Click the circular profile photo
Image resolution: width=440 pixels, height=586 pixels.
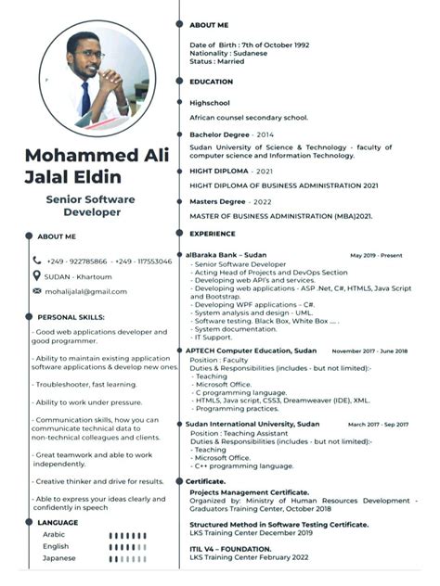pyautogui.click(x=97, y=80)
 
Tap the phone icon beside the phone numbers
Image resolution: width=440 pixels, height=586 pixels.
pyautogui.click(x=37, y=261)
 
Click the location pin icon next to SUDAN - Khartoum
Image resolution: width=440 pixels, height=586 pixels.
pyautogui.click(x=37, y=275)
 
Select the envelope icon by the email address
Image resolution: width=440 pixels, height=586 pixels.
pyautogui.click(x=37, y=290)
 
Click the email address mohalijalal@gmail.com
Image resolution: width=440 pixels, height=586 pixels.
pyautogui.click(x=86, y=291)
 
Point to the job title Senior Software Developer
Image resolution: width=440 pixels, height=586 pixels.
pyautogui.click(x=90, y=206)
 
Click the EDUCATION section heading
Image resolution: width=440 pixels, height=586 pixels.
pyautogui.click(x=211, y=82)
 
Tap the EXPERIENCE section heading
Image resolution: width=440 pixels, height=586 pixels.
pyautogui.click(x=213, y=234)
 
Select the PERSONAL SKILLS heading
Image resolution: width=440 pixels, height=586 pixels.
pyautogui.click(x=65, y=316)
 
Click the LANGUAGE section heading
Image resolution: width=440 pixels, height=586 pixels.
pyautogui.click(x=58, y=522)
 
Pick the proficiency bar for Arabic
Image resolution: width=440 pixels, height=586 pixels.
pyautogui.click(x=127, y=535)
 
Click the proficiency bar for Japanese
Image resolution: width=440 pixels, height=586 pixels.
pyautogui.click(x=127, y=558)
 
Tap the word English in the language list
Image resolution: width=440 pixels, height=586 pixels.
pyautogui.click(x=56, y=546)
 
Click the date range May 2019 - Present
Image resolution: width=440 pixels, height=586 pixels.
pyautogui.click(x=377, y=255)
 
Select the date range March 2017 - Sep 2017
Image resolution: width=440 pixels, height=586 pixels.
pyautogui.click(x=378, y=424)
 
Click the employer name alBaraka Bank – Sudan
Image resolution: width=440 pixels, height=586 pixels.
pyautogui.click(x=226, y=254)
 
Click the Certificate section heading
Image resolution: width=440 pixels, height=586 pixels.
pyautogui.click(x=206, y=481)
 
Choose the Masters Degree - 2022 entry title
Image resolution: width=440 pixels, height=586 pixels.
pyautogui.click(x=230, y=201)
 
